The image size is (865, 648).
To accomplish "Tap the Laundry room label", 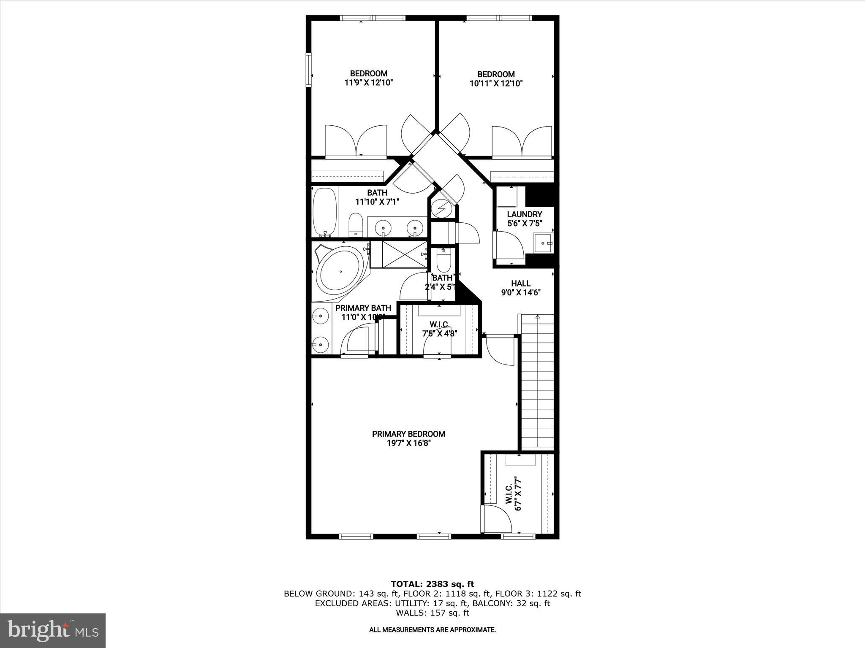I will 524,214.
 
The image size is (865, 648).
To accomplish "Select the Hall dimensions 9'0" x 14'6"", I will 521,292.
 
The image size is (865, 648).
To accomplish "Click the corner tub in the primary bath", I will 340,272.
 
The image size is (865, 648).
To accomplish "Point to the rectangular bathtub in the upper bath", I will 325,212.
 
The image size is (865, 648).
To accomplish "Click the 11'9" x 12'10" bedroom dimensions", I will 369,83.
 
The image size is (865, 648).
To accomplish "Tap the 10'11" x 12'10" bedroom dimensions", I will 496,84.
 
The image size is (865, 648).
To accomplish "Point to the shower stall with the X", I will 404,254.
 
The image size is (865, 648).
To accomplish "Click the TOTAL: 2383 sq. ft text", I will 432,584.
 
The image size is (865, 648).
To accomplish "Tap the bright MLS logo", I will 53,630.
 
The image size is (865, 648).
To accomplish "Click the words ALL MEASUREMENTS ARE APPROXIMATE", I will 432,630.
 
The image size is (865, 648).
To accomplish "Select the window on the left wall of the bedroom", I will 308,70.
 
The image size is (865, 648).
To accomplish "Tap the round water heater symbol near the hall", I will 442,208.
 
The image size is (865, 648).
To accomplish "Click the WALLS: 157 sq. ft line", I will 432,613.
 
